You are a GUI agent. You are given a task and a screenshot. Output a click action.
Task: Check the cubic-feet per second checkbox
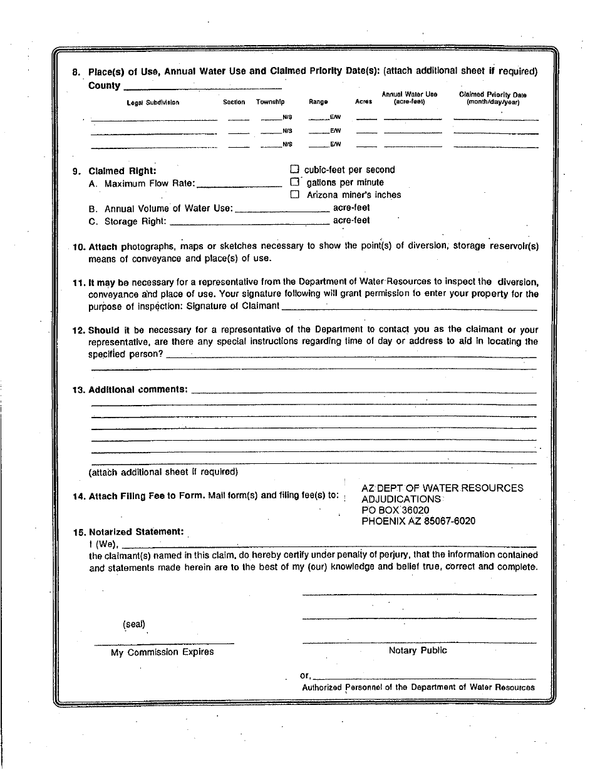(294, 169)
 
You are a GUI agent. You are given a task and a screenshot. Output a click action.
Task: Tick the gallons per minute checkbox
(294, 182)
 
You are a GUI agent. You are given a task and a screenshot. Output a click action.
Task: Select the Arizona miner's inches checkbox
(294, 195)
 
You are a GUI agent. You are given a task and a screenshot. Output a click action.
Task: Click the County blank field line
(202, 87)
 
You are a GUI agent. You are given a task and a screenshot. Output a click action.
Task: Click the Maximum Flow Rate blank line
(239, 185)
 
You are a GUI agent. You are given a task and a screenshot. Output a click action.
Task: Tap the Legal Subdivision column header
(153, 102)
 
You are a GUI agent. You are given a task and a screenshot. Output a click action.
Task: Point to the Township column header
(270, 102)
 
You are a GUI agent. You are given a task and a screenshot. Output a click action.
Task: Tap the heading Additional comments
(138, 389)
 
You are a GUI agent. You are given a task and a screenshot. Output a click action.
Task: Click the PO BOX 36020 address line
(395, 510)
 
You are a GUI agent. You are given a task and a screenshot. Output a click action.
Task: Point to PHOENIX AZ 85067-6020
(418, 521)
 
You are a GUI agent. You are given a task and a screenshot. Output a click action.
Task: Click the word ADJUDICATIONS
(401, 499)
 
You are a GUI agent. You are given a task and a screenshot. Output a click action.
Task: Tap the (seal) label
(134, 624)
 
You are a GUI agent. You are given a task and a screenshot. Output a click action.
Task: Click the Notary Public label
(418, 650)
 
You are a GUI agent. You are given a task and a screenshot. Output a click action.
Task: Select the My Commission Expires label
(162, 652)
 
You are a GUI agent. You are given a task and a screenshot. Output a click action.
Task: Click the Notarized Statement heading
(137, 531)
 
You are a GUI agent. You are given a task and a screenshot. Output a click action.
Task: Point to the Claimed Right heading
(122, 171)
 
